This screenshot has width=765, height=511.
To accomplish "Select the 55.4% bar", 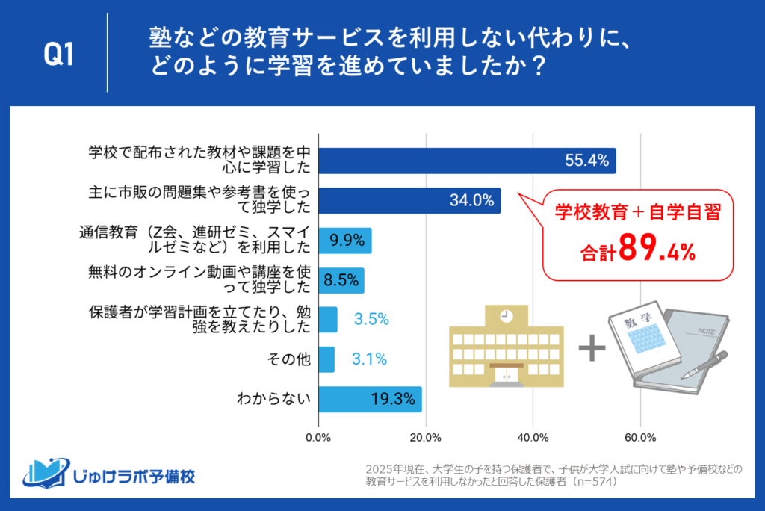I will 467,160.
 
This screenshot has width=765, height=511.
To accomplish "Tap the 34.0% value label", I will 471,199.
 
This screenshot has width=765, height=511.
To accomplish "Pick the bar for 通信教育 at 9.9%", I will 345,241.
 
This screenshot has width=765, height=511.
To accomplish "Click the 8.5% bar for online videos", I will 341,280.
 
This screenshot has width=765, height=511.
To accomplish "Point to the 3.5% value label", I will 371,320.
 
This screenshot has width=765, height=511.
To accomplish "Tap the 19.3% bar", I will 370,399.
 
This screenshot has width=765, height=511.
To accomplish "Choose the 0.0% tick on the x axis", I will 319,437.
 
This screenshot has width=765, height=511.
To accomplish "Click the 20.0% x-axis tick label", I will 426,437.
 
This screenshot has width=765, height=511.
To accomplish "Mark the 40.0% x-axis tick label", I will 533,437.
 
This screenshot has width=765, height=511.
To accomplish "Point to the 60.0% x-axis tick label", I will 639,437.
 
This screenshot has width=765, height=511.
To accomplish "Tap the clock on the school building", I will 506,316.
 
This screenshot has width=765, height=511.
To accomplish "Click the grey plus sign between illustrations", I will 592,348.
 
